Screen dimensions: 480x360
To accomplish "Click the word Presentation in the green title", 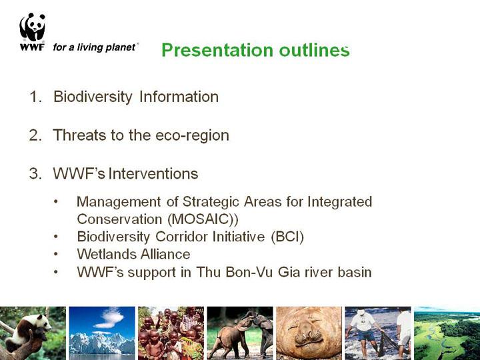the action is [217, 50].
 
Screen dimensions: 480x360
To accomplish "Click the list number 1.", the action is [35, 97].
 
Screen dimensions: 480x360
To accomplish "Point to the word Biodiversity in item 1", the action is [93, 97].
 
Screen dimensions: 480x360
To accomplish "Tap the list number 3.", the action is [35, 173].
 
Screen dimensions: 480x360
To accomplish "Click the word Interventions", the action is [153, 173].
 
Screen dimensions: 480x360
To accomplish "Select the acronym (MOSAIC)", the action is [203, 219].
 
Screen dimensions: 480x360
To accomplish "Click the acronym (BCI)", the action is [287, 237].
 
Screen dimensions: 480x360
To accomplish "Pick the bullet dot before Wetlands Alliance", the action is [55, 254].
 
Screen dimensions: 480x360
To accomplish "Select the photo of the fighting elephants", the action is [240, 333].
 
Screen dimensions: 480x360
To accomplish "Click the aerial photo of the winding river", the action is [447, 333].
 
